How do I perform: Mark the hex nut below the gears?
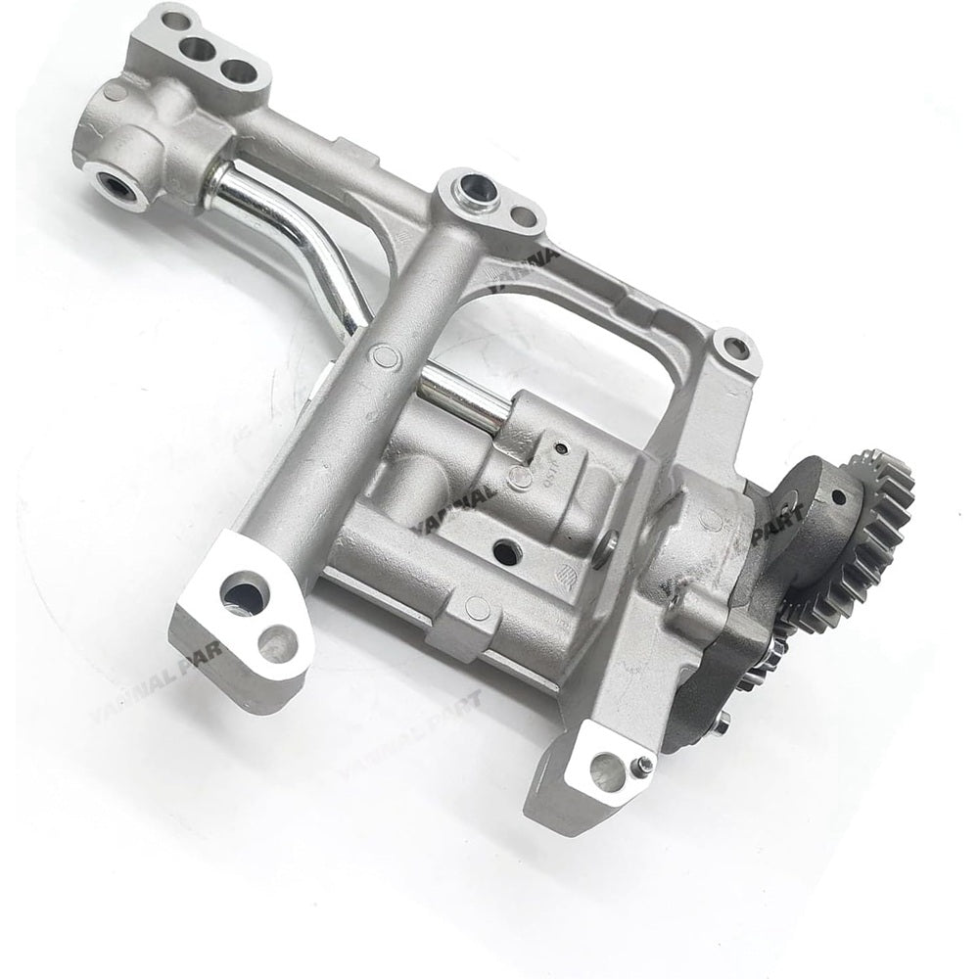(x=722, y=724)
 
